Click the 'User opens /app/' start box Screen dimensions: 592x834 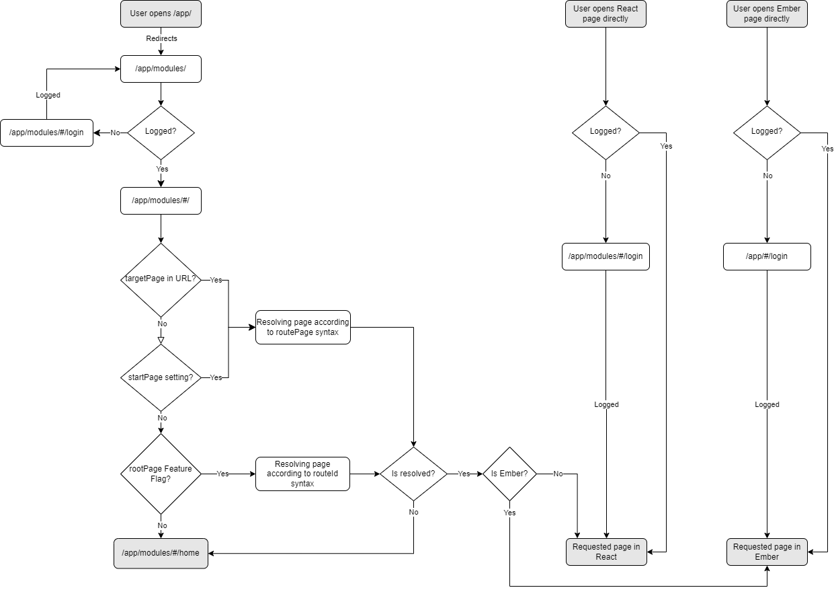(x=161, y=13)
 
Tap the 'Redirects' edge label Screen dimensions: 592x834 (x=161, y=38)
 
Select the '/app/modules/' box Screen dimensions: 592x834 (x=161, y=69)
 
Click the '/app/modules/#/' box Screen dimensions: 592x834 (x=161, y=200)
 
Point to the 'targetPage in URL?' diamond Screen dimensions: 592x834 (x=161, y=279)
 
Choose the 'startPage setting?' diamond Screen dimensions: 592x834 (x=161, y=377)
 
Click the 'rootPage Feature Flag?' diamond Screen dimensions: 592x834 (x=161, y=474)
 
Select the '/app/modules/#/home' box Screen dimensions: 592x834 (x=161, y=553)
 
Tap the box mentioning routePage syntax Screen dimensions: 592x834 (x=302, y=327)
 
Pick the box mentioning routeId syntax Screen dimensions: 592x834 (x=302, y=474)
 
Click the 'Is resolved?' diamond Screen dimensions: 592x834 (x=413, y=474)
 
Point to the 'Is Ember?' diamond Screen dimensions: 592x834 (x=509, y=474)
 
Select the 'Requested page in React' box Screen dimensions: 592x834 (x=606, y=552)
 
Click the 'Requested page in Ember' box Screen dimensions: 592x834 (x=767, y=552)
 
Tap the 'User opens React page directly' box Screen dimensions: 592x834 (x=606, y=13)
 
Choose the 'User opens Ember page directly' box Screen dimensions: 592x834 (x=767, y=13)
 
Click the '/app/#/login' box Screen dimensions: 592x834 (x=767, y=256)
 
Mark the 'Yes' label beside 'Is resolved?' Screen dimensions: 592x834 (x=464, y=474)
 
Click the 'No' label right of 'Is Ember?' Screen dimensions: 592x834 (x=558, y=474)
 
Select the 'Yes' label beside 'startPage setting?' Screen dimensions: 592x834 (x=216, y=377)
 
